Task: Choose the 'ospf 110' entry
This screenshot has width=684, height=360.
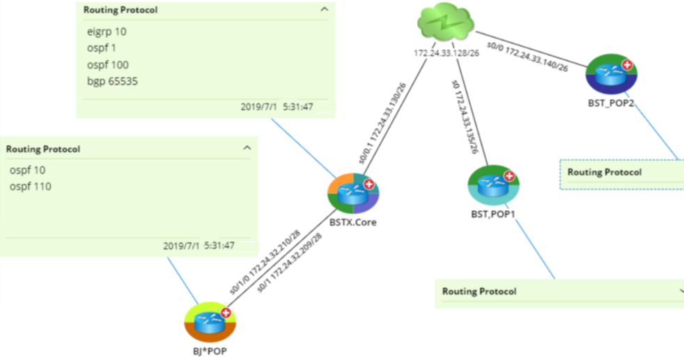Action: (30, 187)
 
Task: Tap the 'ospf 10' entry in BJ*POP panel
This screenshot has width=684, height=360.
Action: (28, 170)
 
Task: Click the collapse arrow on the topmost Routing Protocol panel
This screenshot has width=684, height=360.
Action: (323, 10)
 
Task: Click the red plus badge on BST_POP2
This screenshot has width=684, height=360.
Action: (626, 65)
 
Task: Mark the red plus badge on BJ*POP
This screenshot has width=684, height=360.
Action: (226, 313)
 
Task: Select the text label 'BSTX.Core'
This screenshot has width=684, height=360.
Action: (353, 223)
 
